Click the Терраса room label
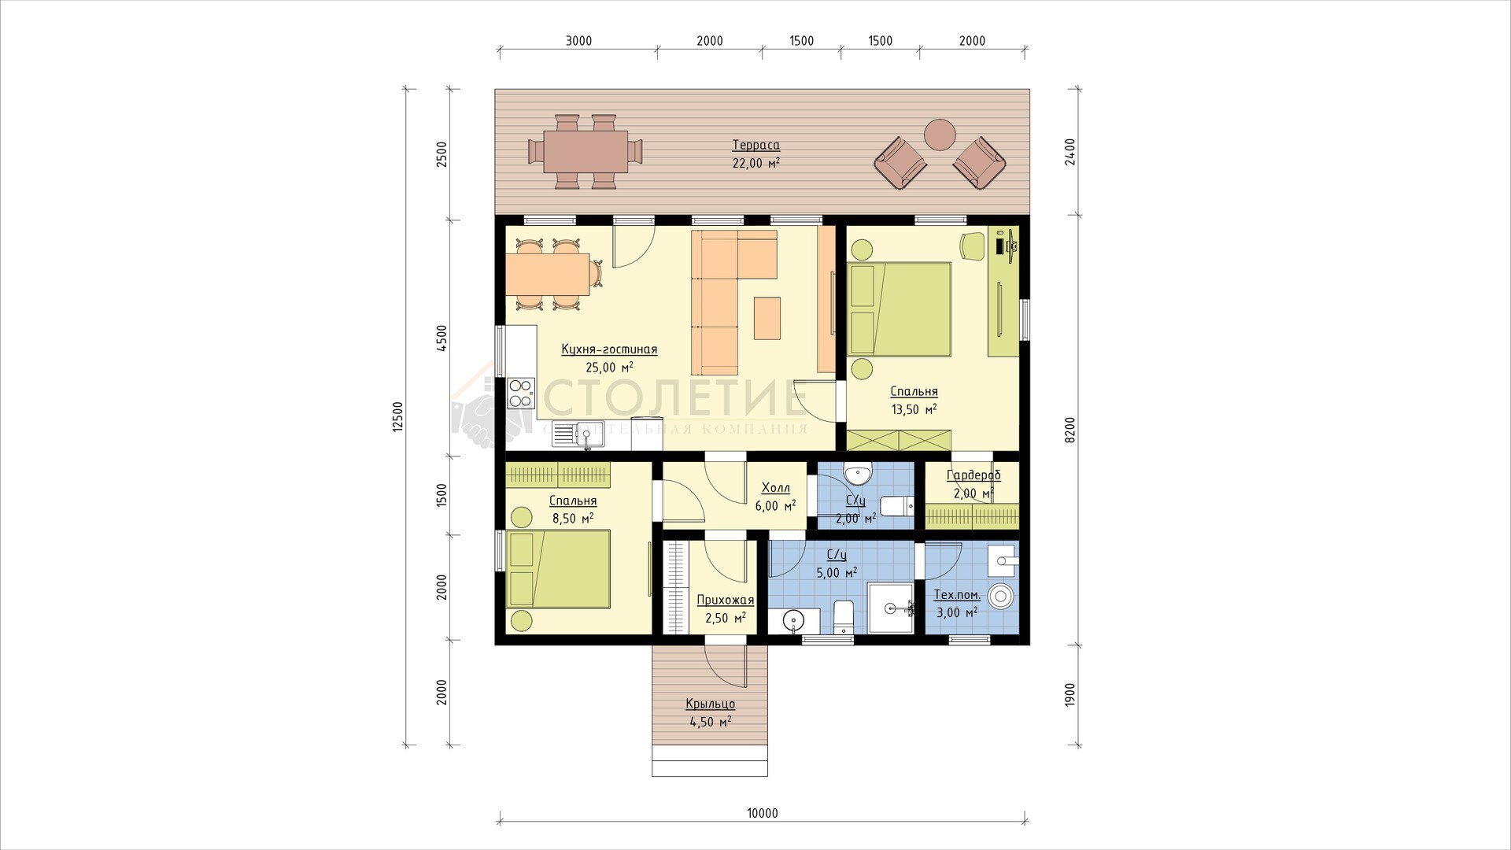(x=755, y=146)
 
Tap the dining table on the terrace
(x=585, y=151)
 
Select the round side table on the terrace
(x=939, y=134)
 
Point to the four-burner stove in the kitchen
(x=520, y=393)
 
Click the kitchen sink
(x=578, y=434)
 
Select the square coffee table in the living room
(x=767, y=318)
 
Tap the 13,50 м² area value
(x=914, y=409)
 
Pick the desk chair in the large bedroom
(x=973, y=246)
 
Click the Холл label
(x=776, y=488)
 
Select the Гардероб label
(x=973, y=475)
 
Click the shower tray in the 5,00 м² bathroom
(x=891, y=608)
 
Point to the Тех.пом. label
(x=957, y=595)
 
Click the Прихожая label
(x=726, y=601)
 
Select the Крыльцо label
(x=711, y=704)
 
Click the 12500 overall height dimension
(x=397, y=416)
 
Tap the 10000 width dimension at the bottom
(x=763, y=814)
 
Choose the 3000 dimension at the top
(x=578, y=41)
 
